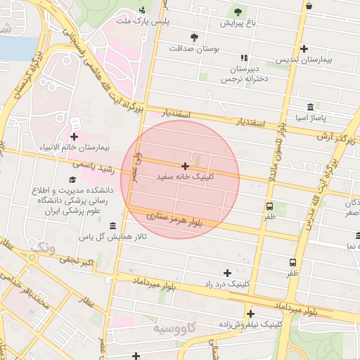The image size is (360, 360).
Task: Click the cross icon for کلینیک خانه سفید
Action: point(185,166)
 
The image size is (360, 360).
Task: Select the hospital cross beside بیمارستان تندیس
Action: point(304,49)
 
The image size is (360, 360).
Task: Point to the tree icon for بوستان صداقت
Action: point(194,37)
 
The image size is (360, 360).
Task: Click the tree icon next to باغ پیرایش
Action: point(237,11)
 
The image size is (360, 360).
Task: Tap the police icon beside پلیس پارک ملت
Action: point(143,10)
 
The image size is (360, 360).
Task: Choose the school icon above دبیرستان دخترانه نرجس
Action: point(244,58)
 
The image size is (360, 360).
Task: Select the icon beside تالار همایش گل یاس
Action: point(114,225)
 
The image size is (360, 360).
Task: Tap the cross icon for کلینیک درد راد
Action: point(227,272)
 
